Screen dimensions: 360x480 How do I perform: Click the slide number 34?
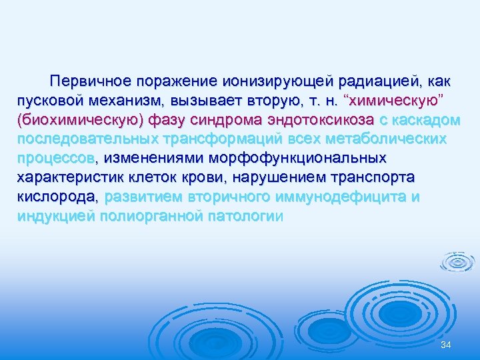click(447, 344)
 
